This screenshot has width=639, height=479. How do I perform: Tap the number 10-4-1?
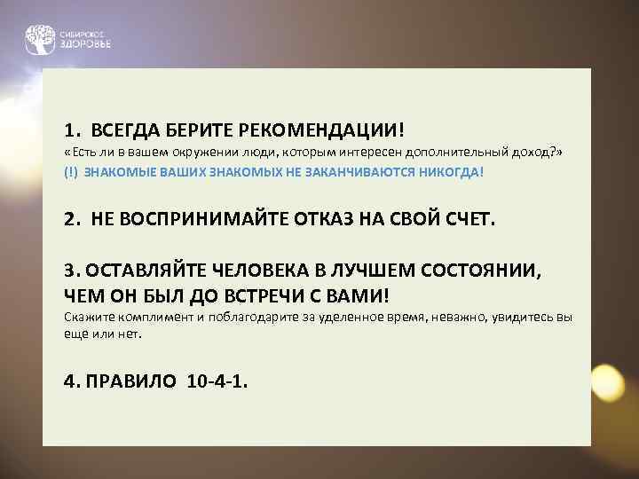pos(218,381)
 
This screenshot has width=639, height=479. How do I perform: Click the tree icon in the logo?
pos(39,38)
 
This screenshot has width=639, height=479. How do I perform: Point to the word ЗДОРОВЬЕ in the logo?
pos(85,43)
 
